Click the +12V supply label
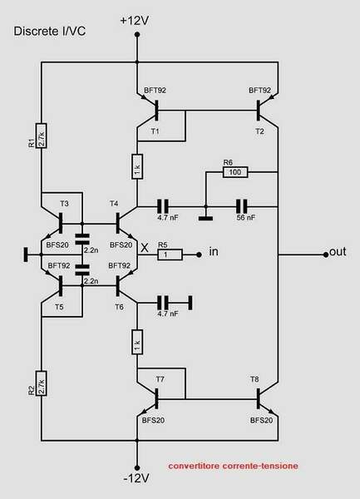pos(135,18)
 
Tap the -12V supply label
pos(135,479)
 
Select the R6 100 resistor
pos(234,173)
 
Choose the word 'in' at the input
pos(214,251)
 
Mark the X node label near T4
pos(145,247)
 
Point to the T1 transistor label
pos(154,131)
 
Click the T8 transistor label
pos(254,379)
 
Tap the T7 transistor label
pos(160,379)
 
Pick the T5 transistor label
pos(58,307)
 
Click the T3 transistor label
pos(65,203)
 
